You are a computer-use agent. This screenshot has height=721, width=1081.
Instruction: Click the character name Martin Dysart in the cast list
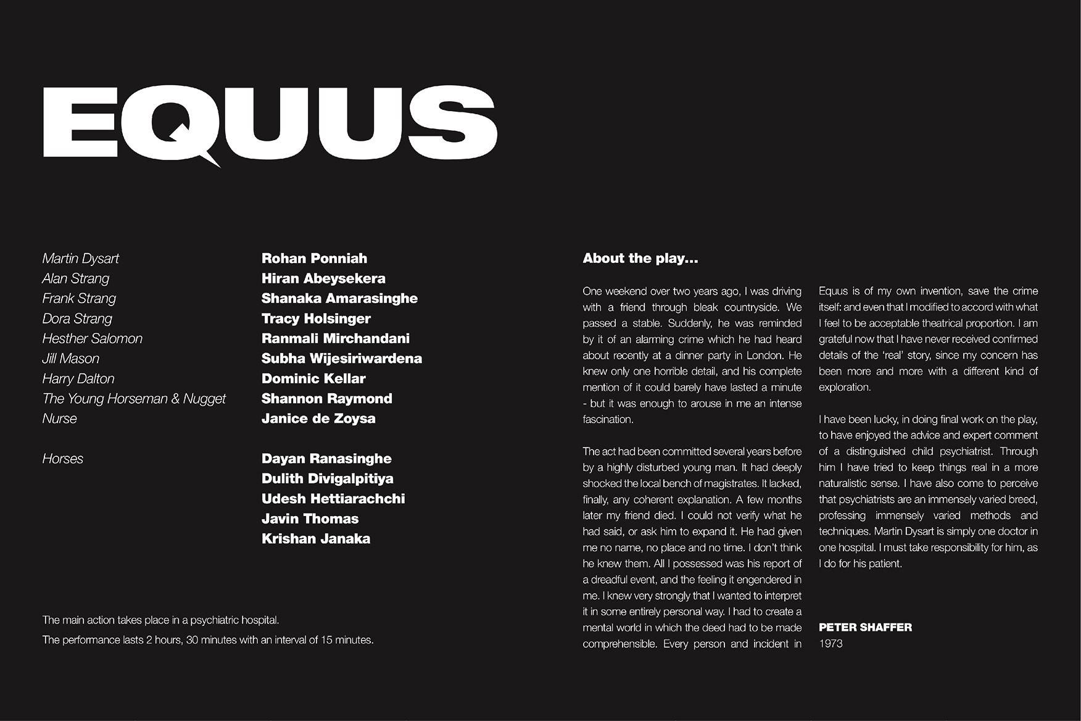click(x=81, y=259)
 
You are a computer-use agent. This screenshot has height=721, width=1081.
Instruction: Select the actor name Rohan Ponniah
click(x=314, y=259)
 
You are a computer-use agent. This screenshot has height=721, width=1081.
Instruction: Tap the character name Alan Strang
click(x=76, y=278)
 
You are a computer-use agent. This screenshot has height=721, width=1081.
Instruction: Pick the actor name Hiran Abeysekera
click(x=323, y=278)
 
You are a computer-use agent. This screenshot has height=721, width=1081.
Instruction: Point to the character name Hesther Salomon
click(x=93, y=338)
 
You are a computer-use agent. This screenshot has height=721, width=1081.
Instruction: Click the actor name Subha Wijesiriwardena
click(x=341, y=359)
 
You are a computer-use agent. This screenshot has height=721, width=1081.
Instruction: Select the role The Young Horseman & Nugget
click(x=134, y=399)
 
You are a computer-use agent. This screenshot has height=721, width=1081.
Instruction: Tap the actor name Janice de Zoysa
click(x=318, y=419)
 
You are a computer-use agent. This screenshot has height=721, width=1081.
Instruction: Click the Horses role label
click(x=63, y=459)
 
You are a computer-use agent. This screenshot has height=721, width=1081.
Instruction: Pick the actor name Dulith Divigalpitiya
click(x=327, y=478)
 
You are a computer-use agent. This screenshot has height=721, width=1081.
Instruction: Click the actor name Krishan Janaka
click(x=316, y=539)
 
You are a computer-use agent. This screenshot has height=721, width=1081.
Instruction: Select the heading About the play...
click(x=640, y=259)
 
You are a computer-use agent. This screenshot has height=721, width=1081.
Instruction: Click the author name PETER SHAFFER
click(x=865, y=627)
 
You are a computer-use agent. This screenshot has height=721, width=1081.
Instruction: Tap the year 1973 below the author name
click(x=830, y=643)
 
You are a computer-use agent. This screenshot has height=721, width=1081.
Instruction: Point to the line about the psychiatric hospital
click(x=160, y=620)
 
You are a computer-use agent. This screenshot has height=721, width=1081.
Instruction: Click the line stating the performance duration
click(x=208, y=640)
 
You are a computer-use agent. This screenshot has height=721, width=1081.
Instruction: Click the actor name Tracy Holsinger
click(x=316, y=319)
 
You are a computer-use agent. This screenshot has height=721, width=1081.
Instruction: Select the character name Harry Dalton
click(x=78, y=378)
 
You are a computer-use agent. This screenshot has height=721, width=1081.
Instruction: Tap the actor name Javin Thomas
click(x=310, y=519)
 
